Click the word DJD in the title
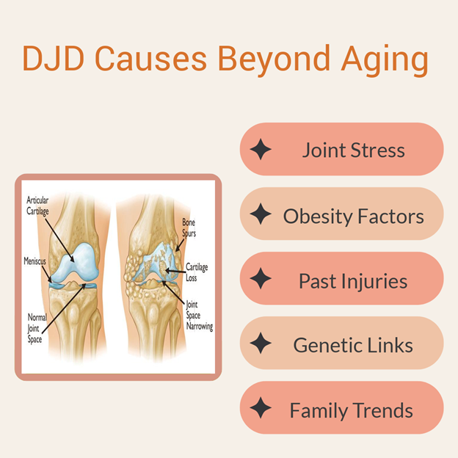tap(54, 58)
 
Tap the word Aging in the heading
tap(385, 60)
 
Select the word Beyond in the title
tap(274, 60)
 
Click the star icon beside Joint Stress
tap(261, 149)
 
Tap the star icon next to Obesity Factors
tap(261, 214)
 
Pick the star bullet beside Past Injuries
tap(261, 278)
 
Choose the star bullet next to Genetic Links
tap(261, 343)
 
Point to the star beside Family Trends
tap(261, 407)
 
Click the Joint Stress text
tap(354, 150)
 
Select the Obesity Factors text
tap(354, 216)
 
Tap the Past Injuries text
tap(353, 282)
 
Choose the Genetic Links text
tap(353, 345)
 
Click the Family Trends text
tap(351, 410)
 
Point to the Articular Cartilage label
tap(37, 206)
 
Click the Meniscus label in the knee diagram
tap(34, 261)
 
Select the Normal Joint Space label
tap(37, 328)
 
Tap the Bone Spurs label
tap(189, 228)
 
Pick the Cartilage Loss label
tap(197, 272)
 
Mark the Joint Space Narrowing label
tap(199, 316)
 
